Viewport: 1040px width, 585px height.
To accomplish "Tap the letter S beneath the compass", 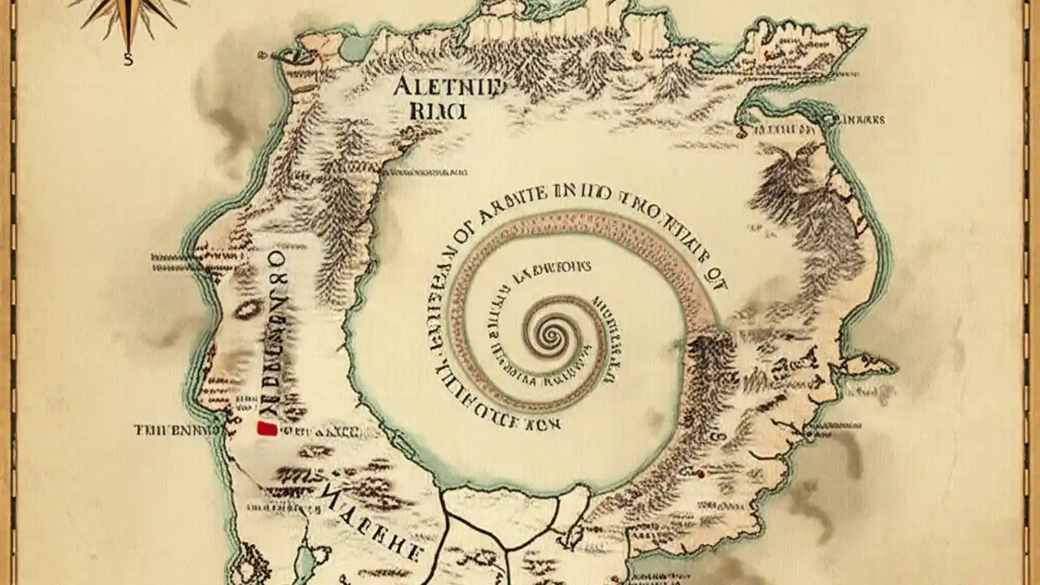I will tap(128, 58).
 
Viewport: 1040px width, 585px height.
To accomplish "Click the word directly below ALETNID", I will tap(440, 111).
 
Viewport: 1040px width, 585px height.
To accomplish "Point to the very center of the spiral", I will tap(558, 332).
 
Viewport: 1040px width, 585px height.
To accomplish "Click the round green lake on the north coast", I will tap(355, 48).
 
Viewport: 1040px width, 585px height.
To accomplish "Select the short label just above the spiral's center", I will tap(552, 269).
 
